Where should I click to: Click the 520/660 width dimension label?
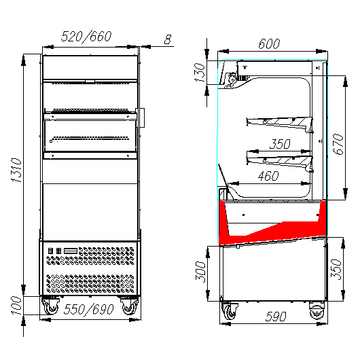[x=86, y=36]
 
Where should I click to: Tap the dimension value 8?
[x=168, y=39]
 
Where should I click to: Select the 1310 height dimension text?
[x=16, y=170]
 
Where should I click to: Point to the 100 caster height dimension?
[x=16, y=305]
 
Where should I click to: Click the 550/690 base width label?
[x=88, y=309]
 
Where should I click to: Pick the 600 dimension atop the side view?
[x=269, y=43]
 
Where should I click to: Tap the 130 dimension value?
[x=199, y=73]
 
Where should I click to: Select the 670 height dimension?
[x=338, y=144]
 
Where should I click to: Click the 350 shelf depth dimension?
[x=280, y=144]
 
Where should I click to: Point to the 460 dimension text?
[x=268, y=176]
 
